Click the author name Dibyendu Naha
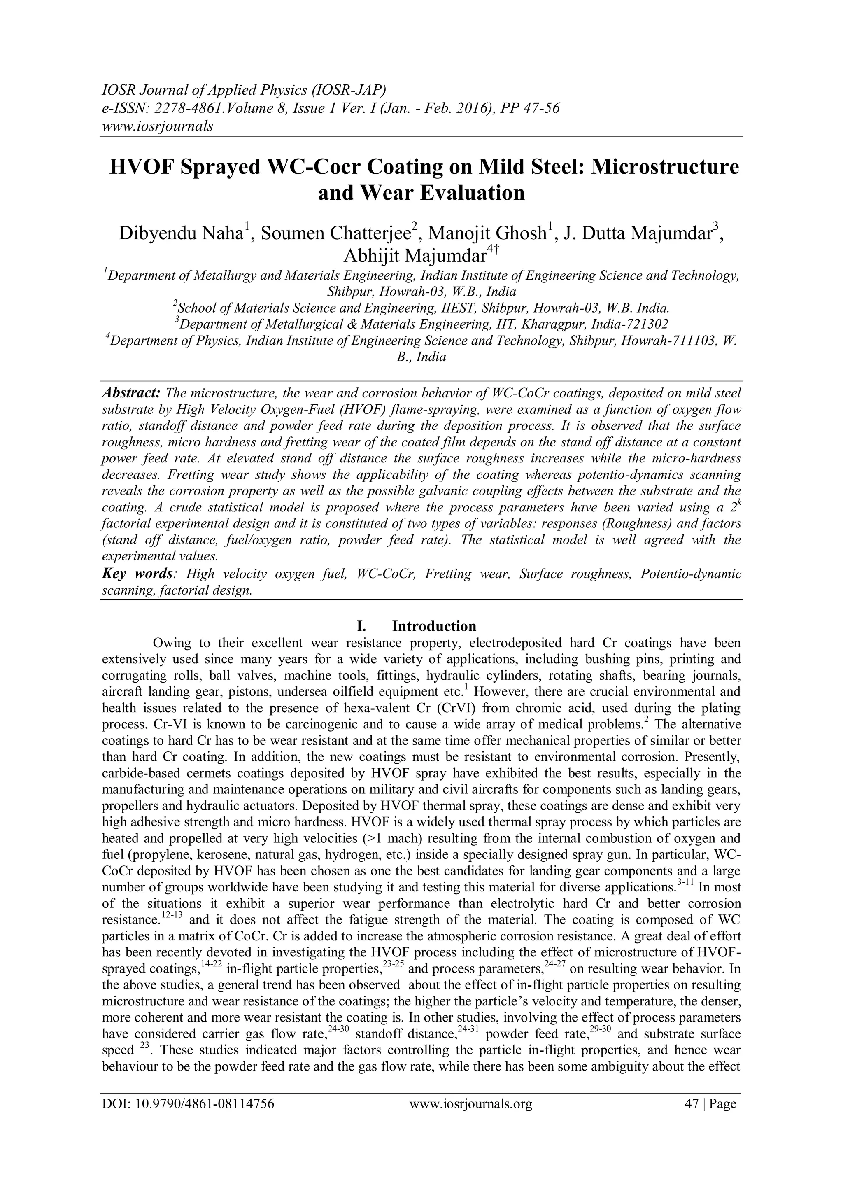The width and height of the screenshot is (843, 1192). point(181,233)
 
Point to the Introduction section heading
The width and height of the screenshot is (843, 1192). point(433,626)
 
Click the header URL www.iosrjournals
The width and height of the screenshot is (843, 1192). point(157,126)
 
